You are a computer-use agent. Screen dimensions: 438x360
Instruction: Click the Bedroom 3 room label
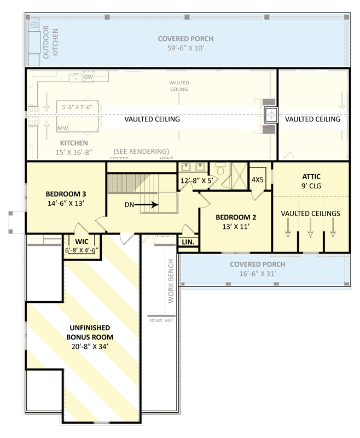click(x=65, y=194)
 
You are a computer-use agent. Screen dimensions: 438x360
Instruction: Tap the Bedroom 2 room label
click(x=235, y=216)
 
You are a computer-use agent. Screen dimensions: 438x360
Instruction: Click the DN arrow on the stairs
click(x=144, y=205)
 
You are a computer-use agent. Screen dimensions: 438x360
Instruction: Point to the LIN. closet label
click(x=188, y=241)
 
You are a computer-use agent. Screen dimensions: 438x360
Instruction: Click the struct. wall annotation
click(x=161, y=320)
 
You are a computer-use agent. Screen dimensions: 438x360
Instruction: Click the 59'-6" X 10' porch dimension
click(x=185, y=48)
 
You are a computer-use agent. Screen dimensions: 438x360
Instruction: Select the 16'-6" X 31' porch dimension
click(x=249, y=274)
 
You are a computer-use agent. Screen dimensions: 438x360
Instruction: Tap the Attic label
click(x=311, y=177)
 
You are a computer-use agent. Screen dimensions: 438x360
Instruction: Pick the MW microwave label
click(x=62, y=128)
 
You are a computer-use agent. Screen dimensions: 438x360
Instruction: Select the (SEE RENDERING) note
click(x=141, y=151)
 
